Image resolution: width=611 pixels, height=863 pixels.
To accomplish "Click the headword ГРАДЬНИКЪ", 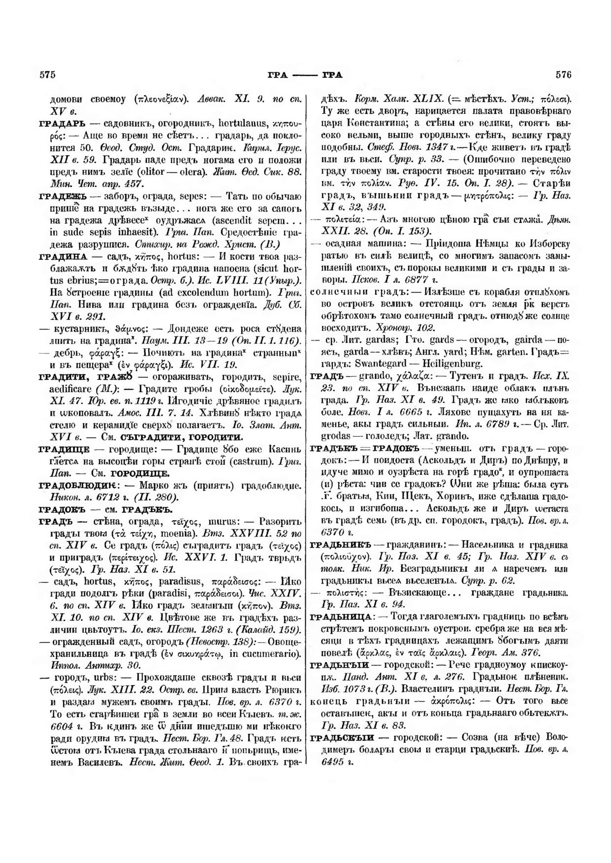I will pos(339,545).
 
